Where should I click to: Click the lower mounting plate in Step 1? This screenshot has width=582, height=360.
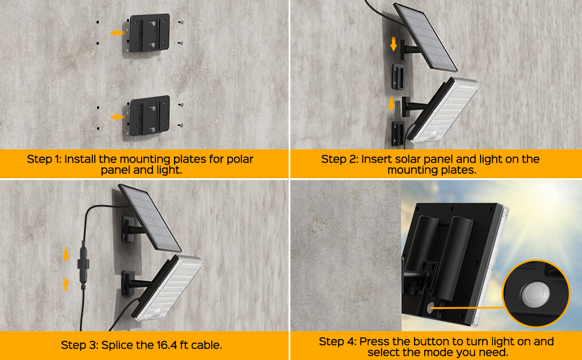(149, 115)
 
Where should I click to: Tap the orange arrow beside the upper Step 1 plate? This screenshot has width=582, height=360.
(117, 33)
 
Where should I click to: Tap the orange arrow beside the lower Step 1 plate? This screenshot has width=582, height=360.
(117, 117)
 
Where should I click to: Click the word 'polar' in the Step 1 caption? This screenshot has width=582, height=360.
(240, 159)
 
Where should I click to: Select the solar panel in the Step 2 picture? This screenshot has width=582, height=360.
(425, 37)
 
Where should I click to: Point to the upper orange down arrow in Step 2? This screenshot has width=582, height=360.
(394, 44)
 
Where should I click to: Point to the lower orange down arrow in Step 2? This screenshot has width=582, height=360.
(391, 104)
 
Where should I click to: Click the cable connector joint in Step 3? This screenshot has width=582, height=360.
(83, 264)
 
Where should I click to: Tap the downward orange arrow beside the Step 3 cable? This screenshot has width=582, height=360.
(66, 255)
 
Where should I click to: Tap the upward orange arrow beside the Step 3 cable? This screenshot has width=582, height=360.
(66, 284)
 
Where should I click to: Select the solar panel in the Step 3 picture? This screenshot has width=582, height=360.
(149, 218)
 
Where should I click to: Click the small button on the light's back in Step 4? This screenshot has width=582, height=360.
(431, 307)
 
